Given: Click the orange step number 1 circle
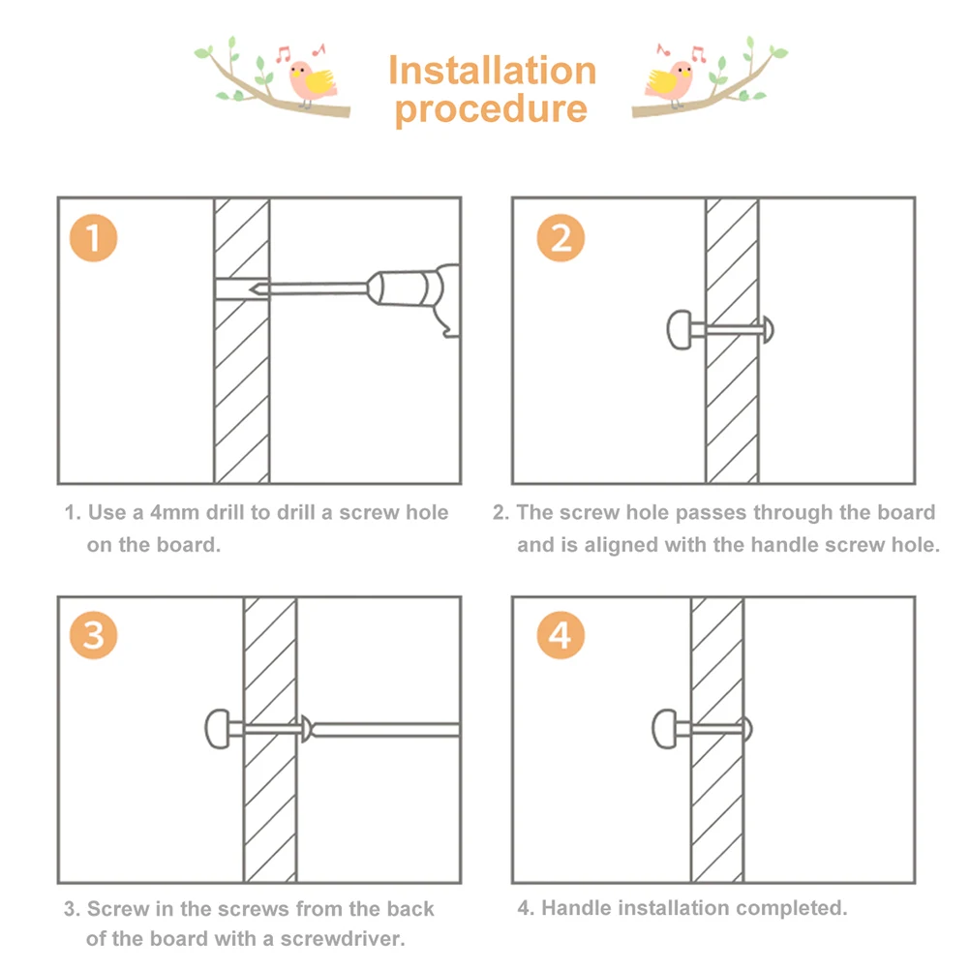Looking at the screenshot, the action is pyautogui.click(x=93, y=238).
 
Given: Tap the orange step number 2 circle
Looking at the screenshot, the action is pyautogui.click(x=561, y=238).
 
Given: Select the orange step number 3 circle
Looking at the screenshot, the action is pyautogui.click(x=93, y=636).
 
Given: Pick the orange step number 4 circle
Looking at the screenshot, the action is pyautogui.click(x=561, y=636).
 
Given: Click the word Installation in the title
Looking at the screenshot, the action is pyautogui.click(x=492, y=71).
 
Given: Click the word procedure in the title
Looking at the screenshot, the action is pyautogui.click(x=492, y=108).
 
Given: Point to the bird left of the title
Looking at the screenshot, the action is pyautogui.click(x=315, y=81).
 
